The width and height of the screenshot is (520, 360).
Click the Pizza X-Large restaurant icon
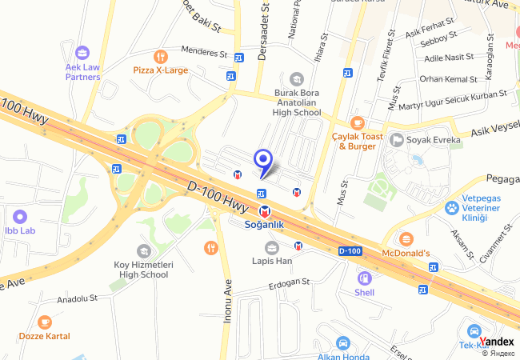click(x=161, y=57)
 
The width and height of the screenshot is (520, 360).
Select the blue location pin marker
click(x=262, y=160)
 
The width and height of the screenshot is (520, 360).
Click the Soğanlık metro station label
click(x=264, y=225)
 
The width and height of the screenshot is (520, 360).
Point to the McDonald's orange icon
click(x=406, y=238)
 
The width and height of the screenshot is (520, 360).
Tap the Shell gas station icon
click(x=365, y=278)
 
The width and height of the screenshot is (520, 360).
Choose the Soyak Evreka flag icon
click(x=397, y=140)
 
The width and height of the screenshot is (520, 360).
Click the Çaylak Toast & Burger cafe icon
click(x=357, y=122)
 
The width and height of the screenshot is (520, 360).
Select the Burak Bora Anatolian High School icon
click(x=297, y=78)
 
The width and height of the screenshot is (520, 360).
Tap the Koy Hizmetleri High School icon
click(x=143, y=251)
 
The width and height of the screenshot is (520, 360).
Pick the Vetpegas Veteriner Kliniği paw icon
click(x=452, y=207)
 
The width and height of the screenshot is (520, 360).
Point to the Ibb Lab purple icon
click(x=20, y=217)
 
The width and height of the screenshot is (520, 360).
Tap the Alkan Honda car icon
click(x=342, y=342)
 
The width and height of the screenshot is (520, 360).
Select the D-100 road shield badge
click(x=350, y=251)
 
